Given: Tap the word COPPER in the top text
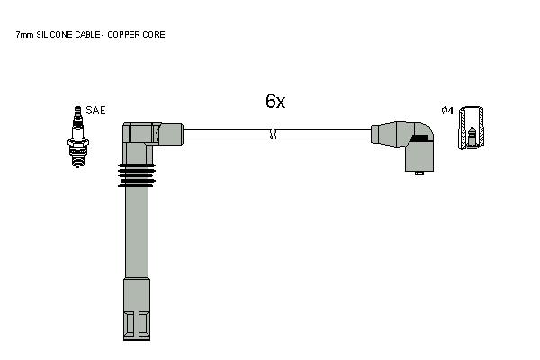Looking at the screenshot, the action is (122, 35).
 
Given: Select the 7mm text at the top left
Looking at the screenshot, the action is (25, 35).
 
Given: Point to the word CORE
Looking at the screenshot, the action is (153, 35).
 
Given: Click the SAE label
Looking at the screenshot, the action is (95, 110).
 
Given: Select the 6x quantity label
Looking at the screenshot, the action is (275, 101).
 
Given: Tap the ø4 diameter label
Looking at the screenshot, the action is (447, 111).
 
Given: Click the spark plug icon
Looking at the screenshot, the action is (78, 137).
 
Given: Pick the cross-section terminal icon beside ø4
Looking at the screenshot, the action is (471, 128).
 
